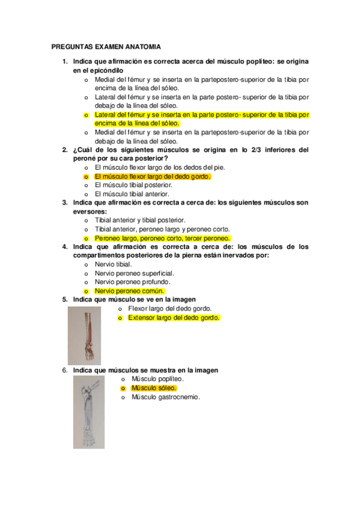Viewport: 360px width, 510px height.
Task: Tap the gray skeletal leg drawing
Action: pyautogui.click(x=89, y=414)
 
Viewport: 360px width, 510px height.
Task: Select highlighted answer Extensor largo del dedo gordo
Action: pyautogui.click(x=174, y=318)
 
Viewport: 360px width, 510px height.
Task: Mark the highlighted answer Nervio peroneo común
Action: pyautogui.click(x=130, y=290)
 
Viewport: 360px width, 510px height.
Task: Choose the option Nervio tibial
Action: pyautogui.click(x=114, y=264)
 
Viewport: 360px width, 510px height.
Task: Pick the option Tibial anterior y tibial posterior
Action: pyautogui.click(x=140, y=220)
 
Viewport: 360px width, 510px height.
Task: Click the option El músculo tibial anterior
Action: pyautogui.click(x=132, y=194)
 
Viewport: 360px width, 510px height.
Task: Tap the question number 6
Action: pyautogui.click(x=65, y=370)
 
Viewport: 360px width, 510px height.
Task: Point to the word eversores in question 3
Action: pyautogui.click(x=90, y=212)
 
